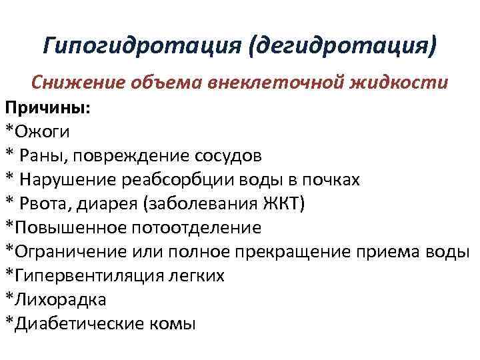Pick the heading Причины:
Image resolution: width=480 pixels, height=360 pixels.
pyautogui.click(x=48, y=107)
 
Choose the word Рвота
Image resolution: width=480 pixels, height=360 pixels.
pyautogui.click(x=46, y=203)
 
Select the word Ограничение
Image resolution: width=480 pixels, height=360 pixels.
pyautogui.click(x=67, y=251)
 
